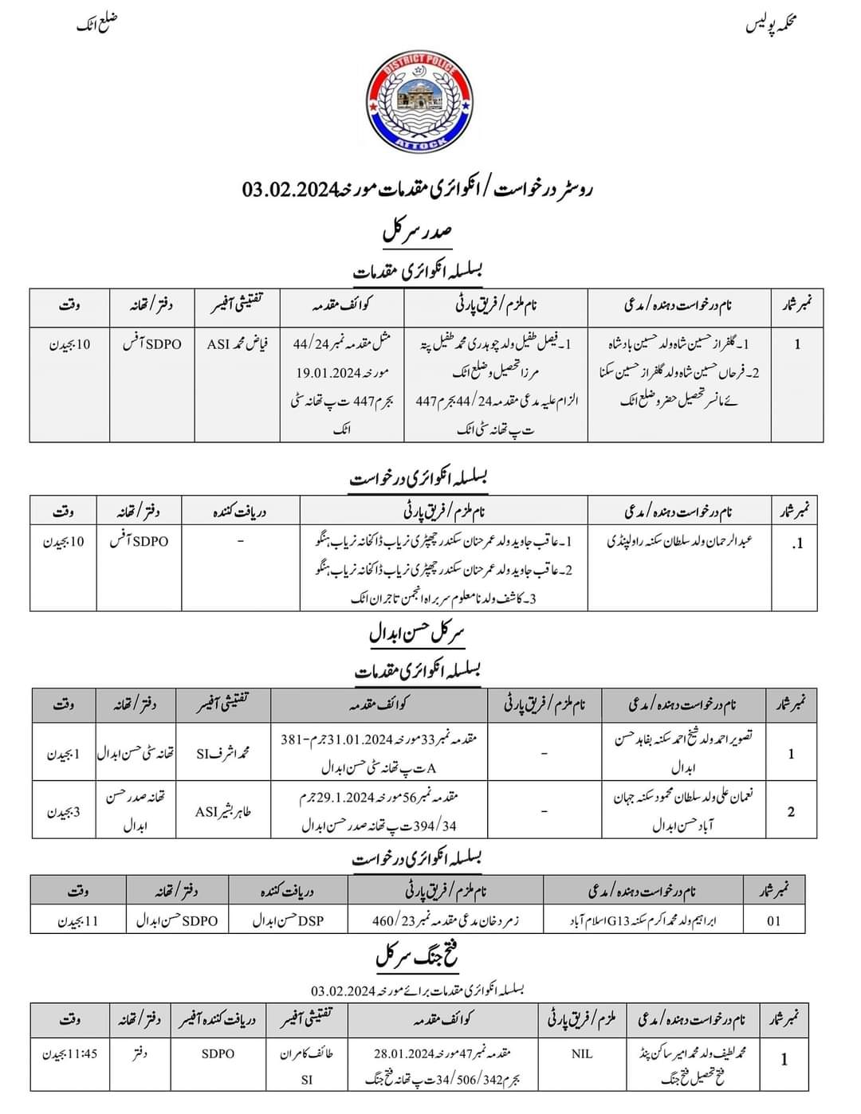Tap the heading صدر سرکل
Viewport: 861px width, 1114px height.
[x=418, y=232]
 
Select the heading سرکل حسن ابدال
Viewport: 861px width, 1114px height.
[x=417, y=634]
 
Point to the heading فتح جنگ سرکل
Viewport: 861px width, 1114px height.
[x=417, y=955]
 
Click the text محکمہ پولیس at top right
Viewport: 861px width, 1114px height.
[x=772, y=25]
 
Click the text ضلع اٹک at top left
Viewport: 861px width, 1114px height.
[x=96, y=24]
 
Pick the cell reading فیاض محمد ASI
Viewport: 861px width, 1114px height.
[x=238, y=345]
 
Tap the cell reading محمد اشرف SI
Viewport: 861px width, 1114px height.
[x=223, y=752]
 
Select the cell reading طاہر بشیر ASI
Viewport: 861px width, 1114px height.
[x=223, y=812]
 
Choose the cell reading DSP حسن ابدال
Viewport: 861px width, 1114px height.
[x=289, y=920]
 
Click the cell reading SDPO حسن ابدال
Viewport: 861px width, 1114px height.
[x=177, y=920]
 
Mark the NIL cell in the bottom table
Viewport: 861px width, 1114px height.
[x=582, y=1053]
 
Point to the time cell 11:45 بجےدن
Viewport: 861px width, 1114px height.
[x=71, y=1053]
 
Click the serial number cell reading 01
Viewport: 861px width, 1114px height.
[x=773, y=920]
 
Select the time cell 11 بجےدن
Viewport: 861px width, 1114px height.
[x=78, y=920]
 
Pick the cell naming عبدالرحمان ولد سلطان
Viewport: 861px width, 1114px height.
[x=680, y=541]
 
